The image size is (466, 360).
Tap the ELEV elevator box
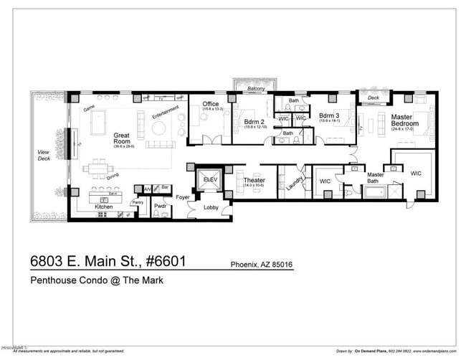pyautogui.click(x=210, y=179)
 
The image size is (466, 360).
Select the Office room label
pyautogui.click(x=210, y=105)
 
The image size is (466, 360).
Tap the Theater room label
pyautogui.click(x=254, y=181)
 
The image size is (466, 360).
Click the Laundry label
pyautogui.click(x=290, y=184)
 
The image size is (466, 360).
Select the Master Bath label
pyautogui.click(x=376, y=178)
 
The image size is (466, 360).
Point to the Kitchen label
pyautogui.click(x=105, y=207)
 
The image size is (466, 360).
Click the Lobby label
pyautogui.click(x=211, y=207)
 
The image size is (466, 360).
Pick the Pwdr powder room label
pyautogui.click(x=160, y=206)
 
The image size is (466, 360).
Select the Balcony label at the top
pyautogui.click(x=256, y=88)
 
